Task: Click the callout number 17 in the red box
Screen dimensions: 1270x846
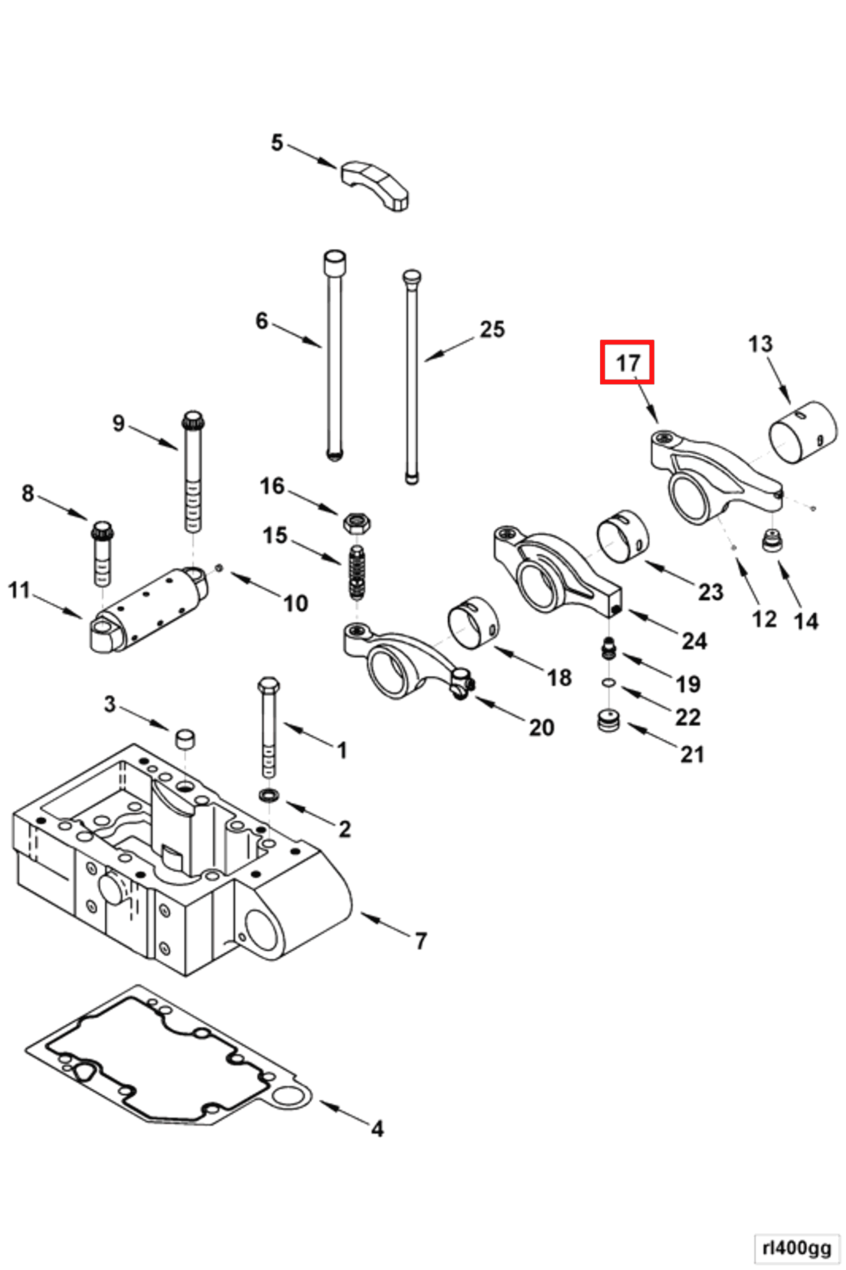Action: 627,363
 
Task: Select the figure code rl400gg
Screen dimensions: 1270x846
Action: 797,1248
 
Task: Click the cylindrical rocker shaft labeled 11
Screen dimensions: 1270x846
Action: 150,610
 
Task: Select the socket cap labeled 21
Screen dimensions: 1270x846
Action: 609,721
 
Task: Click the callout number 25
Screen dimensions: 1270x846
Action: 492,329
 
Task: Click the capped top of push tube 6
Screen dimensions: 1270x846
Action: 334,263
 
